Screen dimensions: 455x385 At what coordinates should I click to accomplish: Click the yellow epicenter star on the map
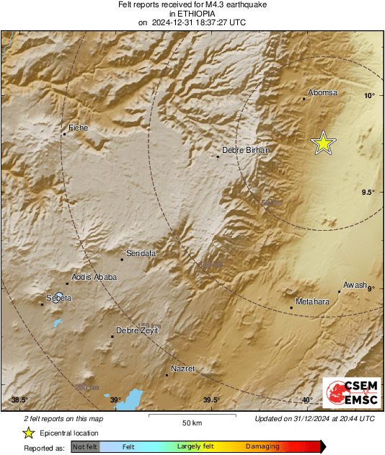tap(324, 143)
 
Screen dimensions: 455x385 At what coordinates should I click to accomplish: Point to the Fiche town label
tap(78, 128)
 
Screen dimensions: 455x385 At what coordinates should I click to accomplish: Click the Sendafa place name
tap(141, 253)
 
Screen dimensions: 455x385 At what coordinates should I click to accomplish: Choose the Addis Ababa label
tap(91, 278)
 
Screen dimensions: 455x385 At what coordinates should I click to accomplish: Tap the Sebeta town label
tap(59, 297)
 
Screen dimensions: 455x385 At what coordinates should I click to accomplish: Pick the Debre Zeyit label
tap(136, 331)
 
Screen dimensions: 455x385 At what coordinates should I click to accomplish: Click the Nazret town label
tap(182, 369)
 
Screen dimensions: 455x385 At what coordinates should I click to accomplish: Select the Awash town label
tap(355, 285)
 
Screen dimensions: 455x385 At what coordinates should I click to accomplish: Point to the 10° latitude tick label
tap(369, 95)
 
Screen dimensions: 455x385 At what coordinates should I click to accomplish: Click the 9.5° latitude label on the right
tap(368, 192)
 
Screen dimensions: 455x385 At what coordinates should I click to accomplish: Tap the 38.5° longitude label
tap(19, 400)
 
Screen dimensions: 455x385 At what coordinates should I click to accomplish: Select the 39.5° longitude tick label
tap(211, 400)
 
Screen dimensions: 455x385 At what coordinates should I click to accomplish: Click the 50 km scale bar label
tap(191, 422)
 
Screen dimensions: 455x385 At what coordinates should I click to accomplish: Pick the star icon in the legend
tap(28, 433)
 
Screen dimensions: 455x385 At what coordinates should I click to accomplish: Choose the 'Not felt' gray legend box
tap(84, 446)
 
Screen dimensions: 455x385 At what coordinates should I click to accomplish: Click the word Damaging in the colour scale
tap(262, 446)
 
